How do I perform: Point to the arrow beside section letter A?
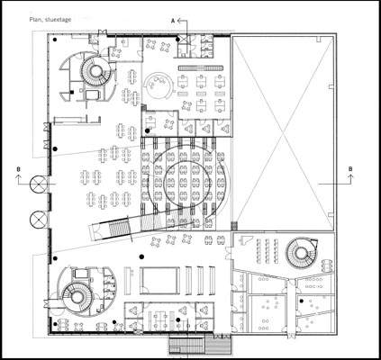[184, 17]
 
